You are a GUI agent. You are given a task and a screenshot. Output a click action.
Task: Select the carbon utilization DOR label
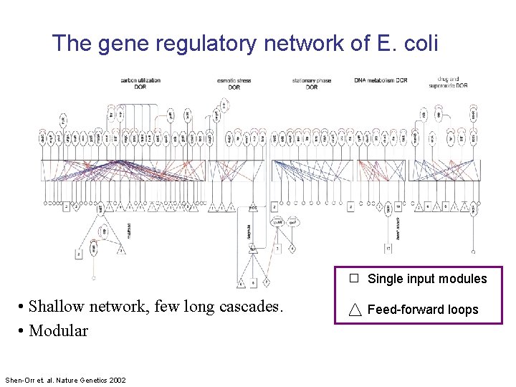pyautogui.click(x=140, y=83)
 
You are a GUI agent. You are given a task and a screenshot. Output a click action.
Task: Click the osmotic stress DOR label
pyautogui.click(x=234, y=84)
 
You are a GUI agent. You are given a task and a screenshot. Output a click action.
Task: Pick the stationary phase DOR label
pyautogui.click(x=312, y=84)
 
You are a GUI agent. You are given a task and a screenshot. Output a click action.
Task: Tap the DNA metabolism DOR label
pyautogui.click(x=381, y=80)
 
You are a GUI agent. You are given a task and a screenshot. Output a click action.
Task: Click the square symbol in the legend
pyautogui.click(x=354, y=278)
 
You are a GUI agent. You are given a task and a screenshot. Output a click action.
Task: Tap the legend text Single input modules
pyautogui.click(x=426, y=279)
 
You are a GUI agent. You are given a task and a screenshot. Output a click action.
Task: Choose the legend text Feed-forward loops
pyautogui.click(x=422, y=310)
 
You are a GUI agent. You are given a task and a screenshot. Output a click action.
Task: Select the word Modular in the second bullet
pyautogui.click(x=59, y=331)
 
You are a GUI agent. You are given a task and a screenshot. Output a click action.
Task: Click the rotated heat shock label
pyautogui.click(x=397, y=227)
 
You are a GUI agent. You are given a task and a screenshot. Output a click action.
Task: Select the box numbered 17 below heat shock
pyautogui.click(x=388, y=249)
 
